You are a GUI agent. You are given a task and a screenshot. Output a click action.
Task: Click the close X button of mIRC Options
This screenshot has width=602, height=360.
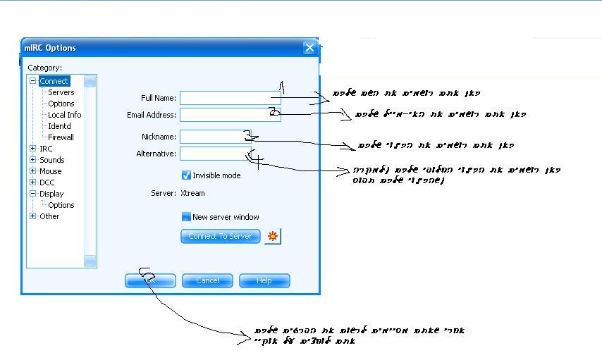pyautogui.click(x=309, y=48)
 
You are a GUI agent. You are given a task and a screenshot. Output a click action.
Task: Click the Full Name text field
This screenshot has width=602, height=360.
pyautogui.click(x=230, y=98)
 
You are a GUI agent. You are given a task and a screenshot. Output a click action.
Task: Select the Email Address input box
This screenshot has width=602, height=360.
pyautogui.click(x=230, y=114)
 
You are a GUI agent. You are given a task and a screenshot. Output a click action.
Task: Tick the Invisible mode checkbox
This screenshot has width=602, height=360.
pyautogui.click(x=186, y=175)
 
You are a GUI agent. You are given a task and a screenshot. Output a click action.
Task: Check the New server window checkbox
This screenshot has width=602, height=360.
pyautogui.click(x=186, y=217)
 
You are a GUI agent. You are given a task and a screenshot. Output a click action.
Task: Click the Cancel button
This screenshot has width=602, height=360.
pyautogui.click(x=207, y=280)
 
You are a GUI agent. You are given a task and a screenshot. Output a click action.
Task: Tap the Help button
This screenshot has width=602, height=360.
pyautogui.click(x=264, y=280)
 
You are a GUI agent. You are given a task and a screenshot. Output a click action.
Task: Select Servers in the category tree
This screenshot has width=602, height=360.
pyautogui.click(x=61, y=92)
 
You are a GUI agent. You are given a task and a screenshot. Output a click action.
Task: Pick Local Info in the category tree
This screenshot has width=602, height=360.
pyautogui.click(x=64, y=115)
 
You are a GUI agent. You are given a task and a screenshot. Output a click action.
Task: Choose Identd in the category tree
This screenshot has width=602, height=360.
pyautogui.click(x=59, y=126)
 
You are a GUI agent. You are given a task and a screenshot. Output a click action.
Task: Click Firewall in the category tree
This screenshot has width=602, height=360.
pyautogui.click(x=61, y=137)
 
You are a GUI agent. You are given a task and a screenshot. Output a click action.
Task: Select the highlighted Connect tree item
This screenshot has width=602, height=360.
pyautogui.click(x=54, y=81)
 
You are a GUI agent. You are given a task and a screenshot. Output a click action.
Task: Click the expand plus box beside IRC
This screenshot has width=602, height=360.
pyautogui.click(x=33, y=149)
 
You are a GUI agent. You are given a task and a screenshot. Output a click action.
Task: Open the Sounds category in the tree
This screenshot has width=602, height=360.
pyautogui.click(x=51, y=160)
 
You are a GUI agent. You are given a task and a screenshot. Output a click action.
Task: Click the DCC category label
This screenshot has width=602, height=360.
pyautogui.click(x=47, y=182)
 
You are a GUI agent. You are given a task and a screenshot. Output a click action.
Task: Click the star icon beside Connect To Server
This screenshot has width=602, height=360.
pyautogui.click(x=273, y=236)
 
